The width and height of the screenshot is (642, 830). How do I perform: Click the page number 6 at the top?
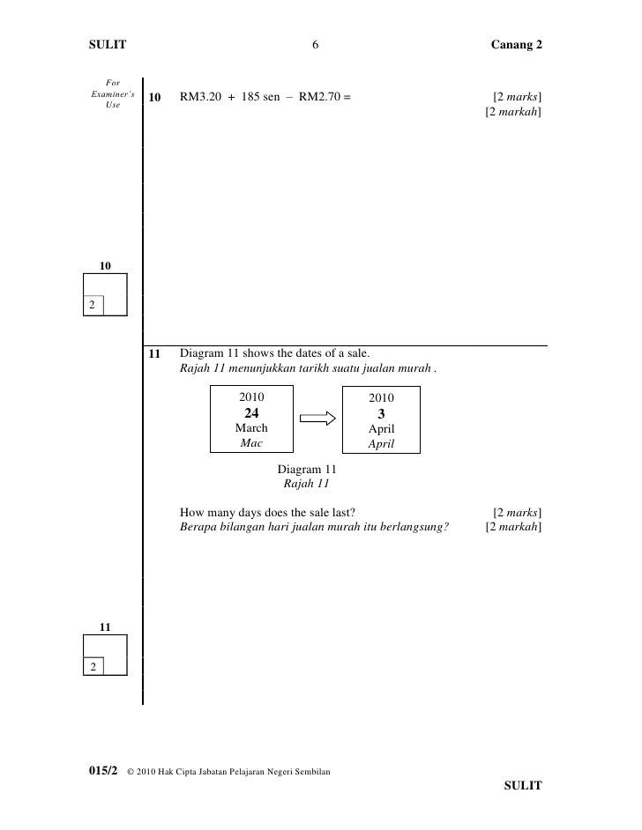(315, 45)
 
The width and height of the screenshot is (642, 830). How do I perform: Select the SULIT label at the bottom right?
(522, 785)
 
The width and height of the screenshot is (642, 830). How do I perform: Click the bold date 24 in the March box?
(251, 412)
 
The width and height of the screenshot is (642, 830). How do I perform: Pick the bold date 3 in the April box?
(381, 414)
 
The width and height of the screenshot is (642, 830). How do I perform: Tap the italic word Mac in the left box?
(251, 443)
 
